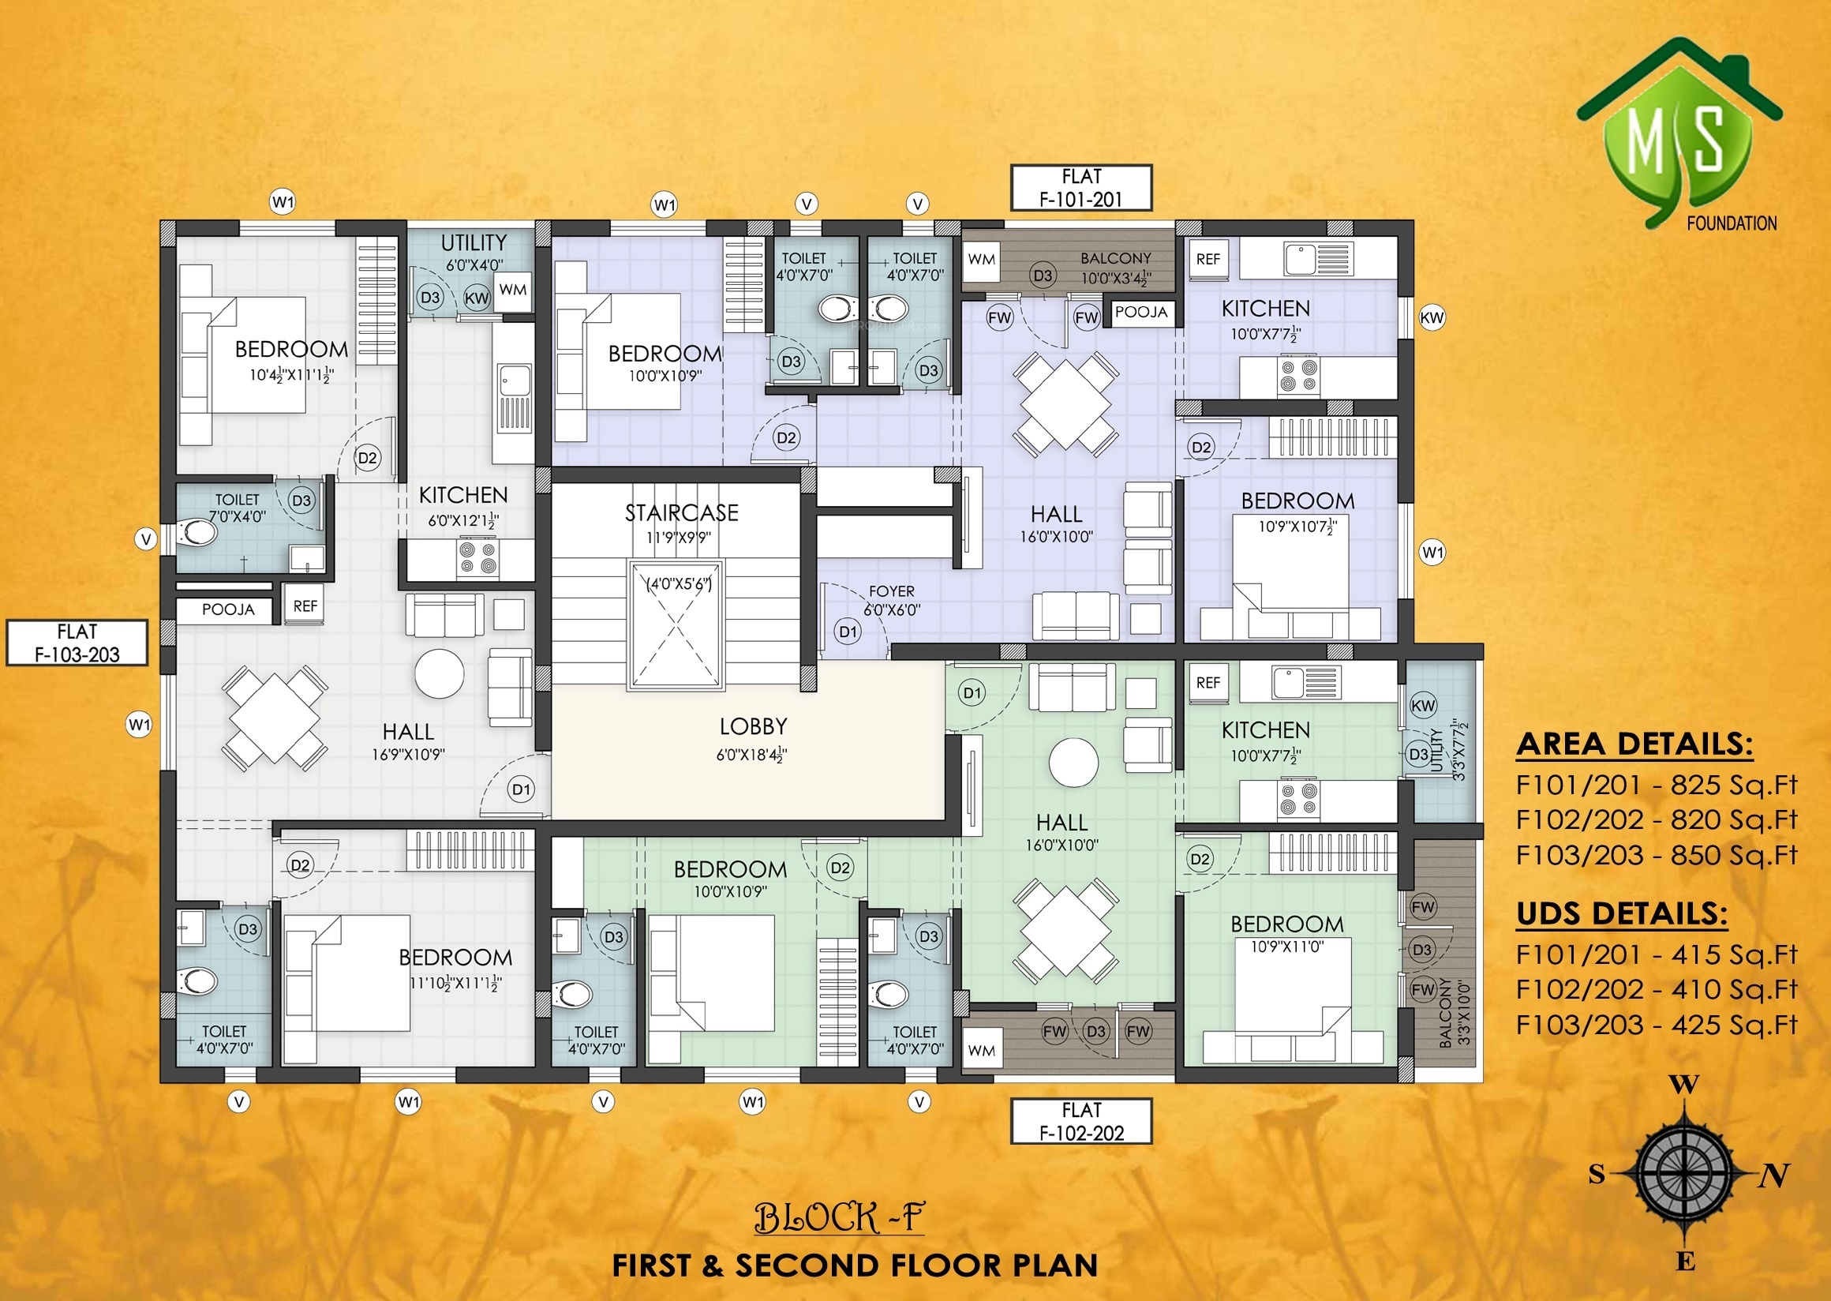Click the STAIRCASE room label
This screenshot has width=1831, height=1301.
pos(681,512)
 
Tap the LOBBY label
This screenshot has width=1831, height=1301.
pos(753,726)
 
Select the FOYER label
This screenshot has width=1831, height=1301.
pos(892,591)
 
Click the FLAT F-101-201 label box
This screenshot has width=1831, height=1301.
pos(1081,188)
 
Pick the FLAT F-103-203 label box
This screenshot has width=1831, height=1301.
pos(77,643)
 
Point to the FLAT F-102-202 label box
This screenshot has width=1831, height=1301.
pos(1081,1121)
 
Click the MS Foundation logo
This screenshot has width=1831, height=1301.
pos(1679,137)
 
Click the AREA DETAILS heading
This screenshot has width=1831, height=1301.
pos(1634,744)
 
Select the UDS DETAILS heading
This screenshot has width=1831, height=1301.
pos(1622,914)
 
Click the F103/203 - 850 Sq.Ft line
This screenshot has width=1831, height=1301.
pos(1657,855)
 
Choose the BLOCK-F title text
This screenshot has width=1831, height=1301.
pos(839,1218)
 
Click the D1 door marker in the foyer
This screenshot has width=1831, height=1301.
pos(848,632)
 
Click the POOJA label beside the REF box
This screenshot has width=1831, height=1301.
pos(227,609)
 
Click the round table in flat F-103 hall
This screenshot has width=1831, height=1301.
pos(439,673)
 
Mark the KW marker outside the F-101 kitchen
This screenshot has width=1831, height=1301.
pos(1432,317)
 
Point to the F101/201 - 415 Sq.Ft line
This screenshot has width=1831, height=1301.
pos(1657,955)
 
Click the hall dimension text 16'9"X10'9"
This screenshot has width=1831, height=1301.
pos(408,754)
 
